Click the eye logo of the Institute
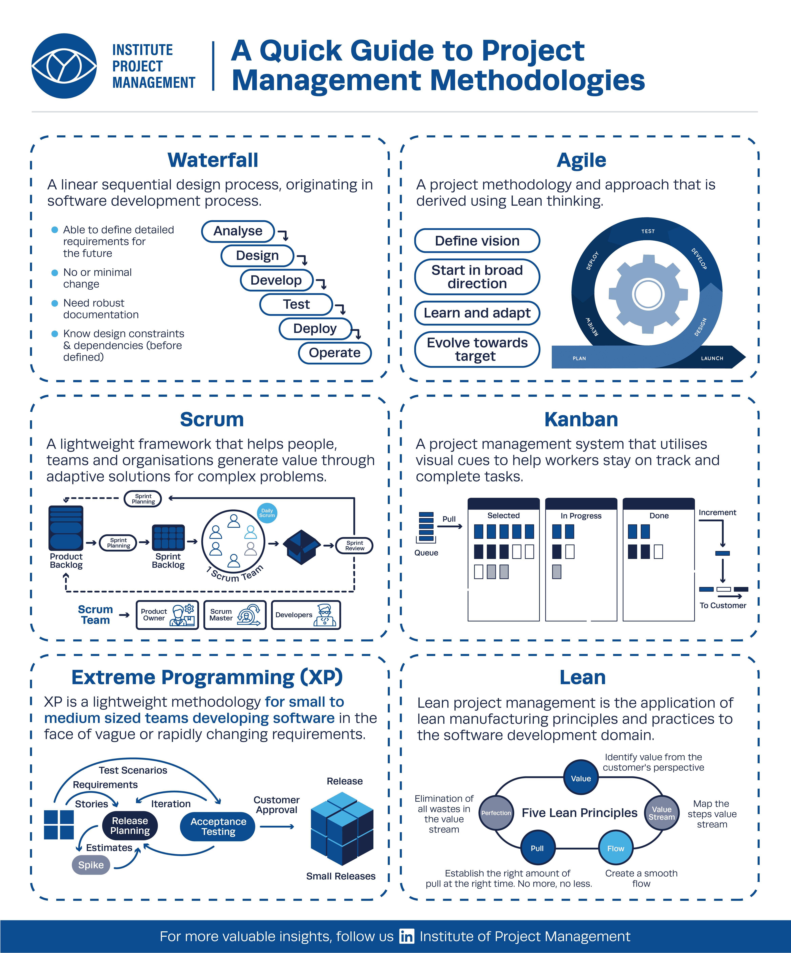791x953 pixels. point(64,66)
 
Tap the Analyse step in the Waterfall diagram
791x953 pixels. point(238,231)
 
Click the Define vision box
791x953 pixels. point(477,241)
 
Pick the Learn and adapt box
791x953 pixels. point(477,313)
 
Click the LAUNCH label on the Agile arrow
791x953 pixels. point(712,358)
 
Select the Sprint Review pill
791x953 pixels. point(354,546)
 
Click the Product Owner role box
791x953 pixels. point(167,615)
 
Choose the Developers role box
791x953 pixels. point(305,615)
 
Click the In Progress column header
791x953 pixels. point(581,516)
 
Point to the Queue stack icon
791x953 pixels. point(426,527)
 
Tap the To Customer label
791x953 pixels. point(723,605)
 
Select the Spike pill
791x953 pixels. point(91,865)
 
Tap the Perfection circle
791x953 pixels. point(496,813)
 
